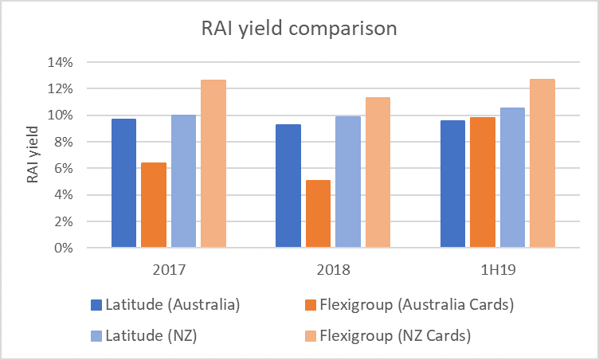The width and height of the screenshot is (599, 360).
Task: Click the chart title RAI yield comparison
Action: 299,29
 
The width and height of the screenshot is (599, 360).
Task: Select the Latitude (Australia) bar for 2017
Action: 123,183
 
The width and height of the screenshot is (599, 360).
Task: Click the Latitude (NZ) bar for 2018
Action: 348,182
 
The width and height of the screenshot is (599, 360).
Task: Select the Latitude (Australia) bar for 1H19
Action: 452,184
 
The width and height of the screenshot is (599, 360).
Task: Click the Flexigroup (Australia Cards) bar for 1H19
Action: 483,182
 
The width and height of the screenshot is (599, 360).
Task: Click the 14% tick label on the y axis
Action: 61,62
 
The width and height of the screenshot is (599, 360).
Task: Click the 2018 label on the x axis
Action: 333,269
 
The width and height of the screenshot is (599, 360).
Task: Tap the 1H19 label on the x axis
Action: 497,269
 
